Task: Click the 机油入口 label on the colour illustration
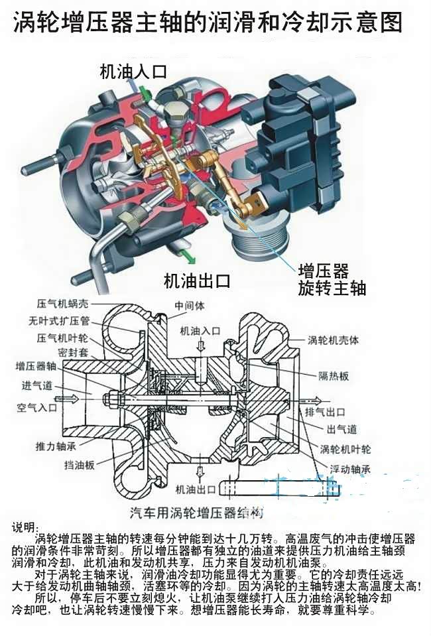[x=133, y=71]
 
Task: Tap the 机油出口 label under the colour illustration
[x=197, y=281]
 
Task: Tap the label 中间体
[x=190, y=307]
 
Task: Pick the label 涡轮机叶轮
[x=346, y=448]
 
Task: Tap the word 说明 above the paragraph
[x=26, y=528]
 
